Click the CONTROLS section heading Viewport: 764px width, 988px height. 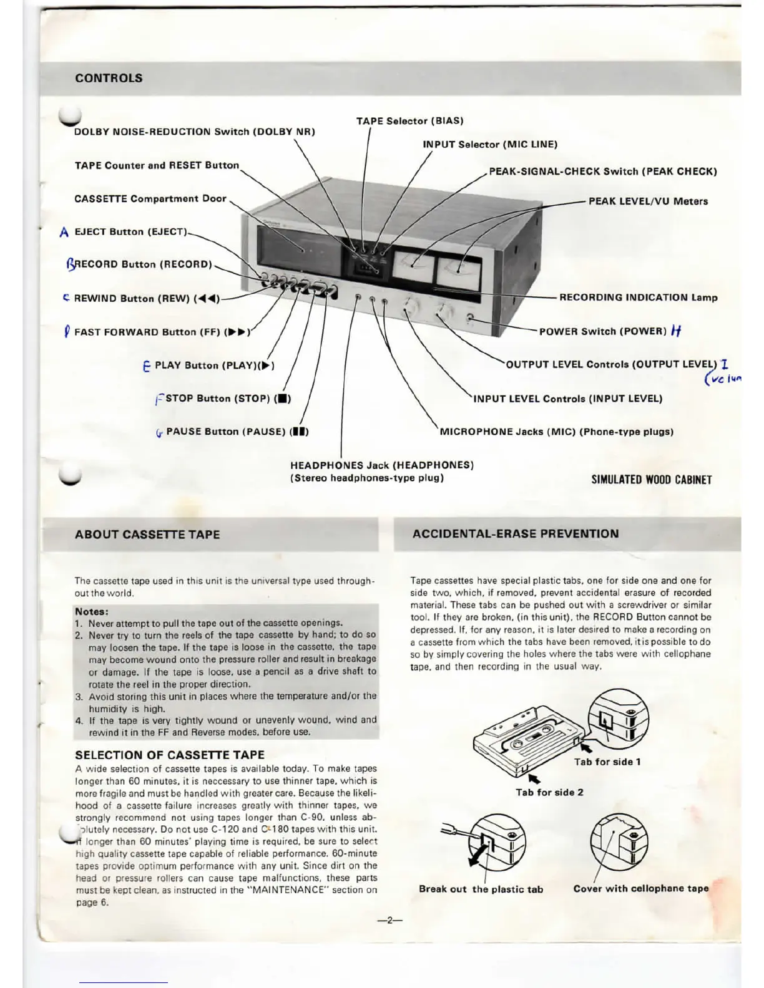(x=109, y=79)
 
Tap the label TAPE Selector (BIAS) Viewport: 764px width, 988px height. (x=409, y=121)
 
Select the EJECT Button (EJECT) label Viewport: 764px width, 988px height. (x=130, y=232)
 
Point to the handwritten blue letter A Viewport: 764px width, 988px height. (x=64, y=233)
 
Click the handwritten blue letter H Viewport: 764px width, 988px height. (x=676, y=331)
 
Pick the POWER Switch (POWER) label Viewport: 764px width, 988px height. (x=603, y=331)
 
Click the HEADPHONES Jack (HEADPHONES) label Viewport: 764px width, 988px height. (x=382, y=465)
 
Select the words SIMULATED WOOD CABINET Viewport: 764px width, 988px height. (x=651, y=480)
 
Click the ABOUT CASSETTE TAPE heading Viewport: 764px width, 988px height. (x=147, y=535)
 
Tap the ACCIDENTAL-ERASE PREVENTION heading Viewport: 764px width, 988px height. (x=516, y=534)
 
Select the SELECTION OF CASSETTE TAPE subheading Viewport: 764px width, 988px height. (x=170, y=755)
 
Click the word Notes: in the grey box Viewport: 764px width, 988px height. (x=92, y=611)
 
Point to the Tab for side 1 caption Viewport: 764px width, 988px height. (x=607, y=762)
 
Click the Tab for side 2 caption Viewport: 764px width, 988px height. (x=549, y=792)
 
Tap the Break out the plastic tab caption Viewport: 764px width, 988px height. (x=481, y=889)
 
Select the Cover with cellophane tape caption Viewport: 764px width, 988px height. (x=641, y=888)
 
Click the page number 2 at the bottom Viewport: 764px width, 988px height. (x=389, y=920)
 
